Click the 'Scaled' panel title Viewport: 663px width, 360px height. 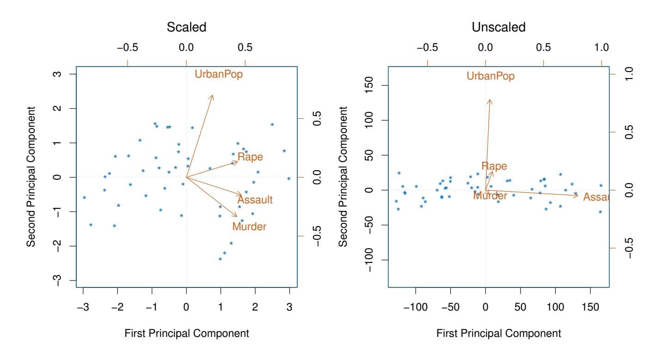click(x=186, y=27)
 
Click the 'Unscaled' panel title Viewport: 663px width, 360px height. click(x=498, y=27)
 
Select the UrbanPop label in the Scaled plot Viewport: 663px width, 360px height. click(x=219, y=74)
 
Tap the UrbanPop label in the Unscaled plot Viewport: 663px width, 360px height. click(x=491, y=76)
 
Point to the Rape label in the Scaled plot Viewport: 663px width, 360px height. click(x=250, y=157)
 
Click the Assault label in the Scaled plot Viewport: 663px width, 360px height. click(x=255, y=200)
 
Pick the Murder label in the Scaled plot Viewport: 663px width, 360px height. click(x=249, y=226)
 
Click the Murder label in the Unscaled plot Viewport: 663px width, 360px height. click(x=490, y=195)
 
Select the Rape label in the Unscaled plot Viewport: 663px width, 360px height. click(x=494, y=166)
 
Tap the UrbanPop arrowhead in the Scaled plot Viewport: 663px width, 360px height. click(x=213, y=96)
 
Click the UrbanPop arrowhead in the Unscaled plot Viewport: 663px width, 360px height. click(x=490, y=99)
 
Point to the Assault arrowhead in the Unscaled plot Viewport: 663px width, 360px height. click(x=577, y=196)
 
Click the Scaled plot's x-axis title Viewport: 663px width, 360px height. click(x=186, y=333)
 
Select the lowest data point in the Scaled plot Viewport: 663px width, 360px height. click(x=220, y=259)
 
